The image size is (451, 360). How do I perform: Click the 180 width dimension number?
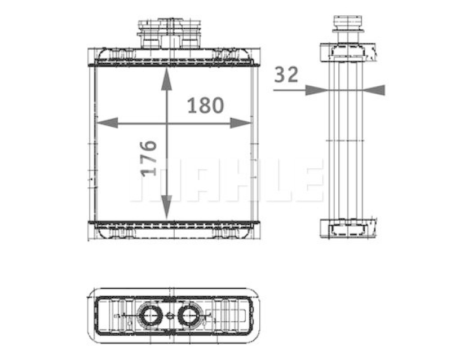pyautogui.click(x=205, y=105)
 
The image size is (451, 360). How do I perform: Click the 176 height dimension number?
pyautogui.click(x=149, y=158)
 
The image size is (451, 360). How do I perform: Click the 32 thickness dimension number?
pyautogui.click(x=286, y=74)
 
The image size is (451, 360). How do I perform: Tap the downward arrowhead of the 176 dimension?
pyautogui.click(x=166, y=207)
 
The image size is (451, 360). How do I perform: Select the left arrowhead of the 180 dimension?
pyautogui.click(x=107, y=123)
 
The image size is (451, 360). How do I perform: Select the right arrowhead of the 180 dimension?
pyautogui.click(x=241, y=123)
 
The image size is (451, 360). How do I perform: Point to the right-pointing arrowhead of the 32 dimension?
pyautogui.click(x=316, y=90)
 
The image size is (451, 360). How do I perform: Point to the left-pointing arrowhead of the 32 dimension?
pyautogui.click(x=374, y=90)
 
